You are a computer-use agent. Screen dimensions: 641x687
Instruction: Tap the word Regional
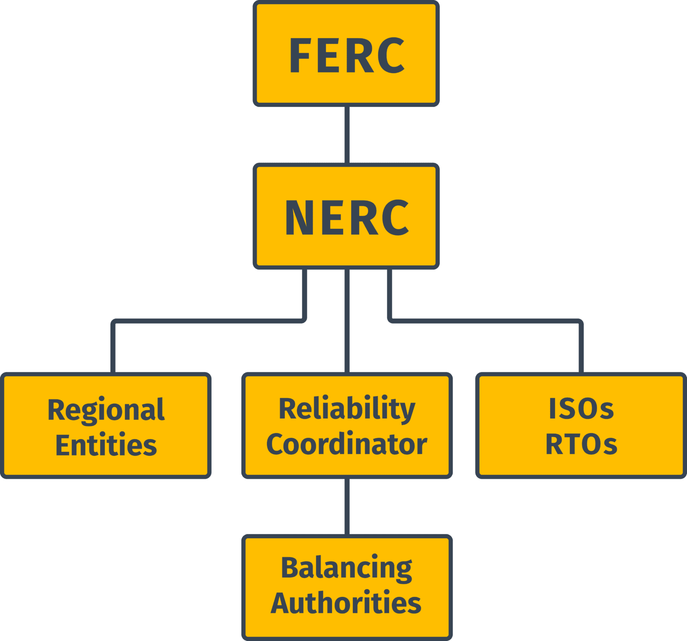(x=106, y=410)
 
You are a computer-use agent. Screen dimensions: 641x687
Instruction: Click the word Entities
(x=106, y=445)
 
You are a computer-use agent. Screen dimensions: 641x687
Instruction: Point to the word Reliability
(x=347, y=409)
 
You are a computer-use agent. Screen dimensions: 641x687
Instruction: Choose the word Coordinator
(x=347, y=444)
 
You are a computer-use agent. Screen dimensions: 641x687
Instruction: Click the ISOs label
(x=581, y=409)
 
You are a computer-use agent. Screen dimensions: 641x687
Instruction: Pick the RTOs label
(x=581, y=444)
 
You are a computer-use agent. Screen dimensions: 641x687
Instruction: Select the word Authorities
(x=346, y=603)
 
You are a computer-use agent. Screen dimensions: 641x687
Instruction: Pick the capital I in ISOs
(x=553, y=409)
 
